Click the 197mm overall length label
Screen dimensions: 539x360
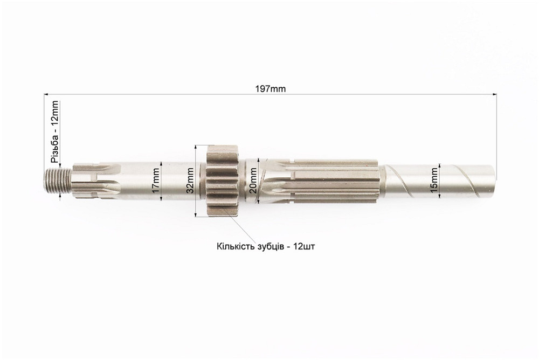(x=270, y=89)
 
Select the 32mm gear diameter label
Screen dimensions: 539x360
(x=190, y=181)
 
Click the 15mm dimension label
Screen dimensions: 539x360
(x=434, y=180)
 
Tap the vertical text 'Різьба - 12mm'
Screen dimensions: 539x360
(x=54, y=131)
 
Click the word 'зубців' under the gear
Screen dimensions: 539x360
(x=268, y=247)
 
